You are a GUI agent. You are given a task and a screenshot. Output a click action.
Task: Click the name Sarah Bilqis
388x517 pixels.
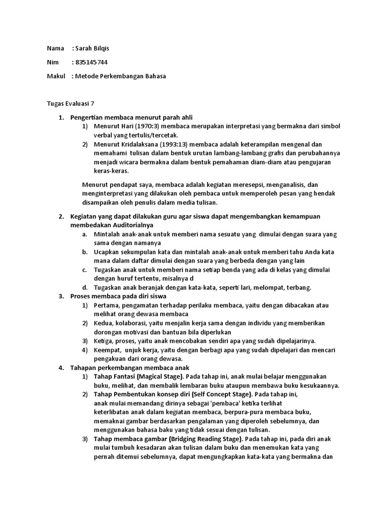92,48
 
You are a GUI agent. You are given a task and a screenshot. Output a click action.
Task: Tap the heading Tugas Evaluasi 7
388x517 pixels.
71,104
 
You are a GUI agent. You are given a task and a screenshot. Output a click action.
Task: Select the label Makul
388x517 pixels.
56,76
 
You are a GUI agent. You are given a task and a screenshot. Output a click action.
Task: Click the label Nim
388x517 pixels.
53,62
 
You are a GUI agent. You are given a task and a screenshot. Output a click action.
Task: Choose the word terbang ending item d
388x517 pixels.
299,287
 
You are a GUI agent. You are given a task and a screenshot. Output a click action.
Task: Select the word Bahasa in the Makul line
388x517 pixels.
154,76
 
